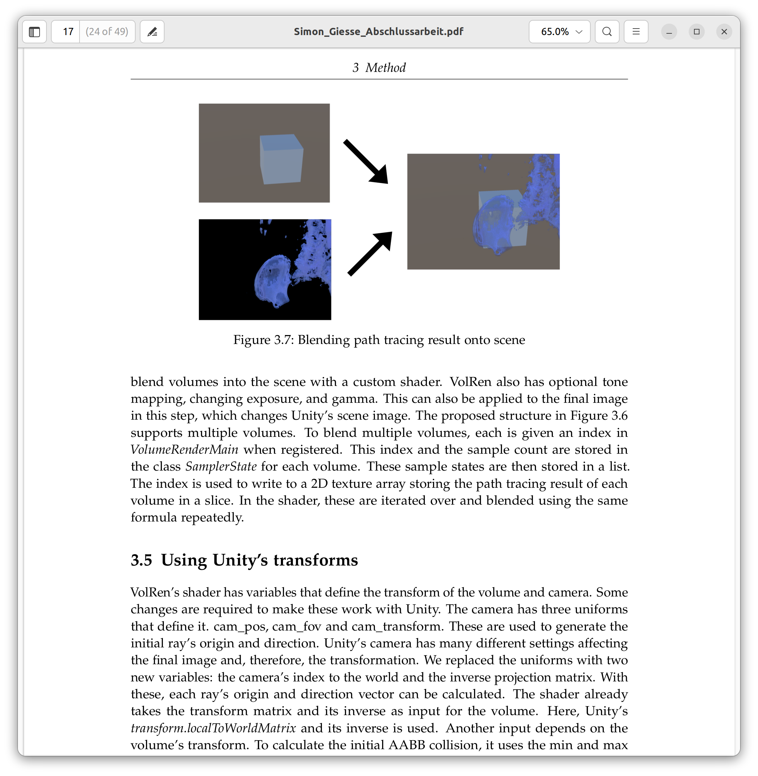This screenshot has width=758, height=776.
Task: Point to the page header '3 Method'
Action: (379, 68)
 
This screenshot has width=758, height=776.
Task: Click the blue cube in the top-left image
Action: (281, 159)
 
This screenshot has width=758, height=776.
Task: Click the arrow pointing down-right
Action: (366, 162)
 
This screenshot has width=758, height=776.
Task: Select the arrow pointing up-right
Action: (370, 254)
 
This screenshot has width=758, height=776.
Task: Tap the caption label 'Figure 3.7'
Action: (263, 340)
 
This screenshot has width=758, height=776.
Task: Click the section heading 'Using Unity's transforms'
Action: (259, 560)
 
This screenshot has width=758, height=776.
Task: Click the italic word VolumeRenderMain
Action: (184, 450)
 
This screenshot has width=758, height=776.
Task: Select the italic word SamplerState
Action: (221, 466)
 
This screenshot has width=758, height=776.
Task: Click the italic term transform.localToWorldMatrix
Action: (213, 728)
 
